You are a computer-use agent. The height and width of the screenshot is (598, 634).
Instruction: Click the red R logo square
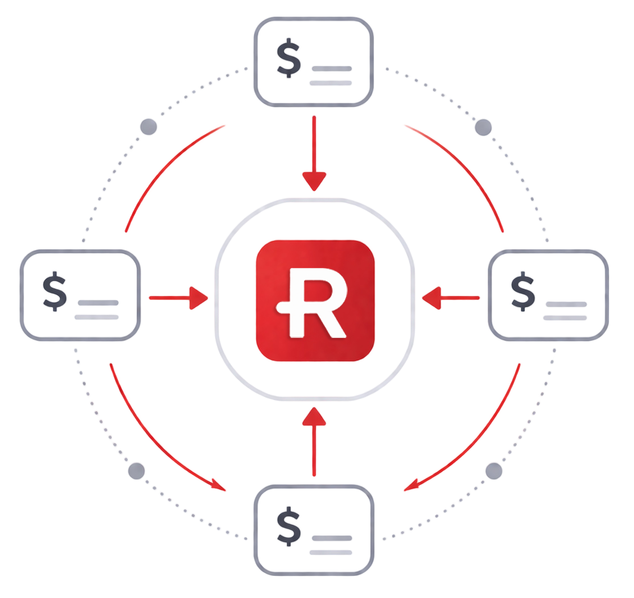[315, 300]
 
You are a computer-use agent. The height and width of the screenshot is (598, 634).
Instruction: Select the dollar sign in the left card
[55, 292]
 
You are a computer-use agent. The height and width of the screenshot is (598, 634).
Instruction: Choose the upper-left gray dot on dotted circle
[149, 127]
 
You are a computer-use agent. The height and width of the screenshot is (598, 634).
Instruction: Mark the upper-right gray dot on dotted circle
[483, 127]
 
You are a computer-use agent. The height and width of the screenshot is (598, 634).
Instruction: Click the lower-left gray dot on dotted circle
[137, 471]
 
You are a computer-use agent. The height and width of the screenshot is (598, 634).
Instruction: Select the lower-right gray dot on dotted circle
[493, 471]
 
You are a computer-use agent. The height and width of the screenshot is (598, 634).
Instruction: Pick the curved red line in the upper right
[461, 171]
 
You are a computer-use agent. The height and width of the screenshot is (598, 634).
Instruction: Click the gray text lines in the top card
[331, 76]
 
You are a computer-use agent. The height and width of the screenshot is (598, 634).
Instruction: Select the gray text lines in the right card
[565, 311]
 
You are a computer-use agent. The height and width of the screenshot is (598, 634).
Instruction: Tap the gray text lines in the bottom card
[331, 545]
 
